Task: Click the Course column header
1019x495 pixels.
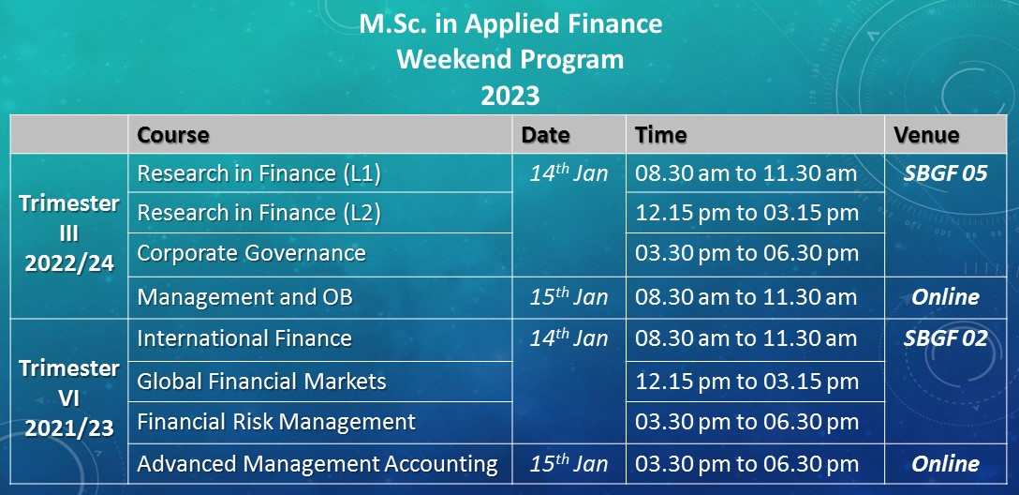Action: click(x=173, y=135)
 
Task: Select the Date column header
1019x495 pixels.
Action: click(x=545, y=135)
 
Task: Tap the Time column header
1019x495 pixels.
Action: click(x=660, y=135)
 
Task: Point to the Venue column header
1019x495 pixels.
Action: click(x=926, y=135)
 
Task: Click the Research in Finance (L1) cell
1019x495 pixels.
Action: click(x=259, y=173)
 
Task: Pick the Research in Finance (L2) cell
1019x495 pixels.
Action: click(x=259, y=213)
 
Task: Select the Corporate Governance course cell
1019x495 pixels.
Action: click(x=252, y=252)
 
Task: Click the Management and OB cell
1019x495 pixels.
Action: click(x=245, y=297)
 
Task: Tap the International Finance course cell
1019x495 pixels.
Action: click(x=244, y=338)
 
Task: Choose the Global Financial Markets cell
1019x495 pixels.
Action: click(x=262, y=382)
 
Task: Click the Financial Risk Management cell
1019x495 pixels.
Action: click(x=276, y=422)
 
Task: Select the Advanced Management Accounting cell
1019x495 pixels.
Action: click(x=318, y=464)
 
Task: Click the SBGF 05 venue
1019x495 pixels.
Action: click(x=946, y=173)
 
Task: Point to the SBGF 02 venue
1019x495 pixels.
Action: click(x=946, y=338)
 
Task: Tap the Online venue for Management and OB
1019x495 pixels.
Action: click(x=946, y=297)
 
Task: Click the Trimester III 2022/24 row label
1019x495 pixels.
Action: click(x=69, y=232)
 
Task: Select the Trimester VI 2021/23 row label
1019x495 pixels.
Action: click(x=69, y=398)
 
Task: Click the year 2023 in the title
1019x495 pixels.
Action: click(x=510, y=96)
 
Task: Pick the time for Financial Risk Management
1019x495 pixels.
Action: click(x=747, y=422)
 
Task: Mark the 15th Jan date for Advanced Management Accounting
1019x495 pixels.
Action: click(x=569, y=463)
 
